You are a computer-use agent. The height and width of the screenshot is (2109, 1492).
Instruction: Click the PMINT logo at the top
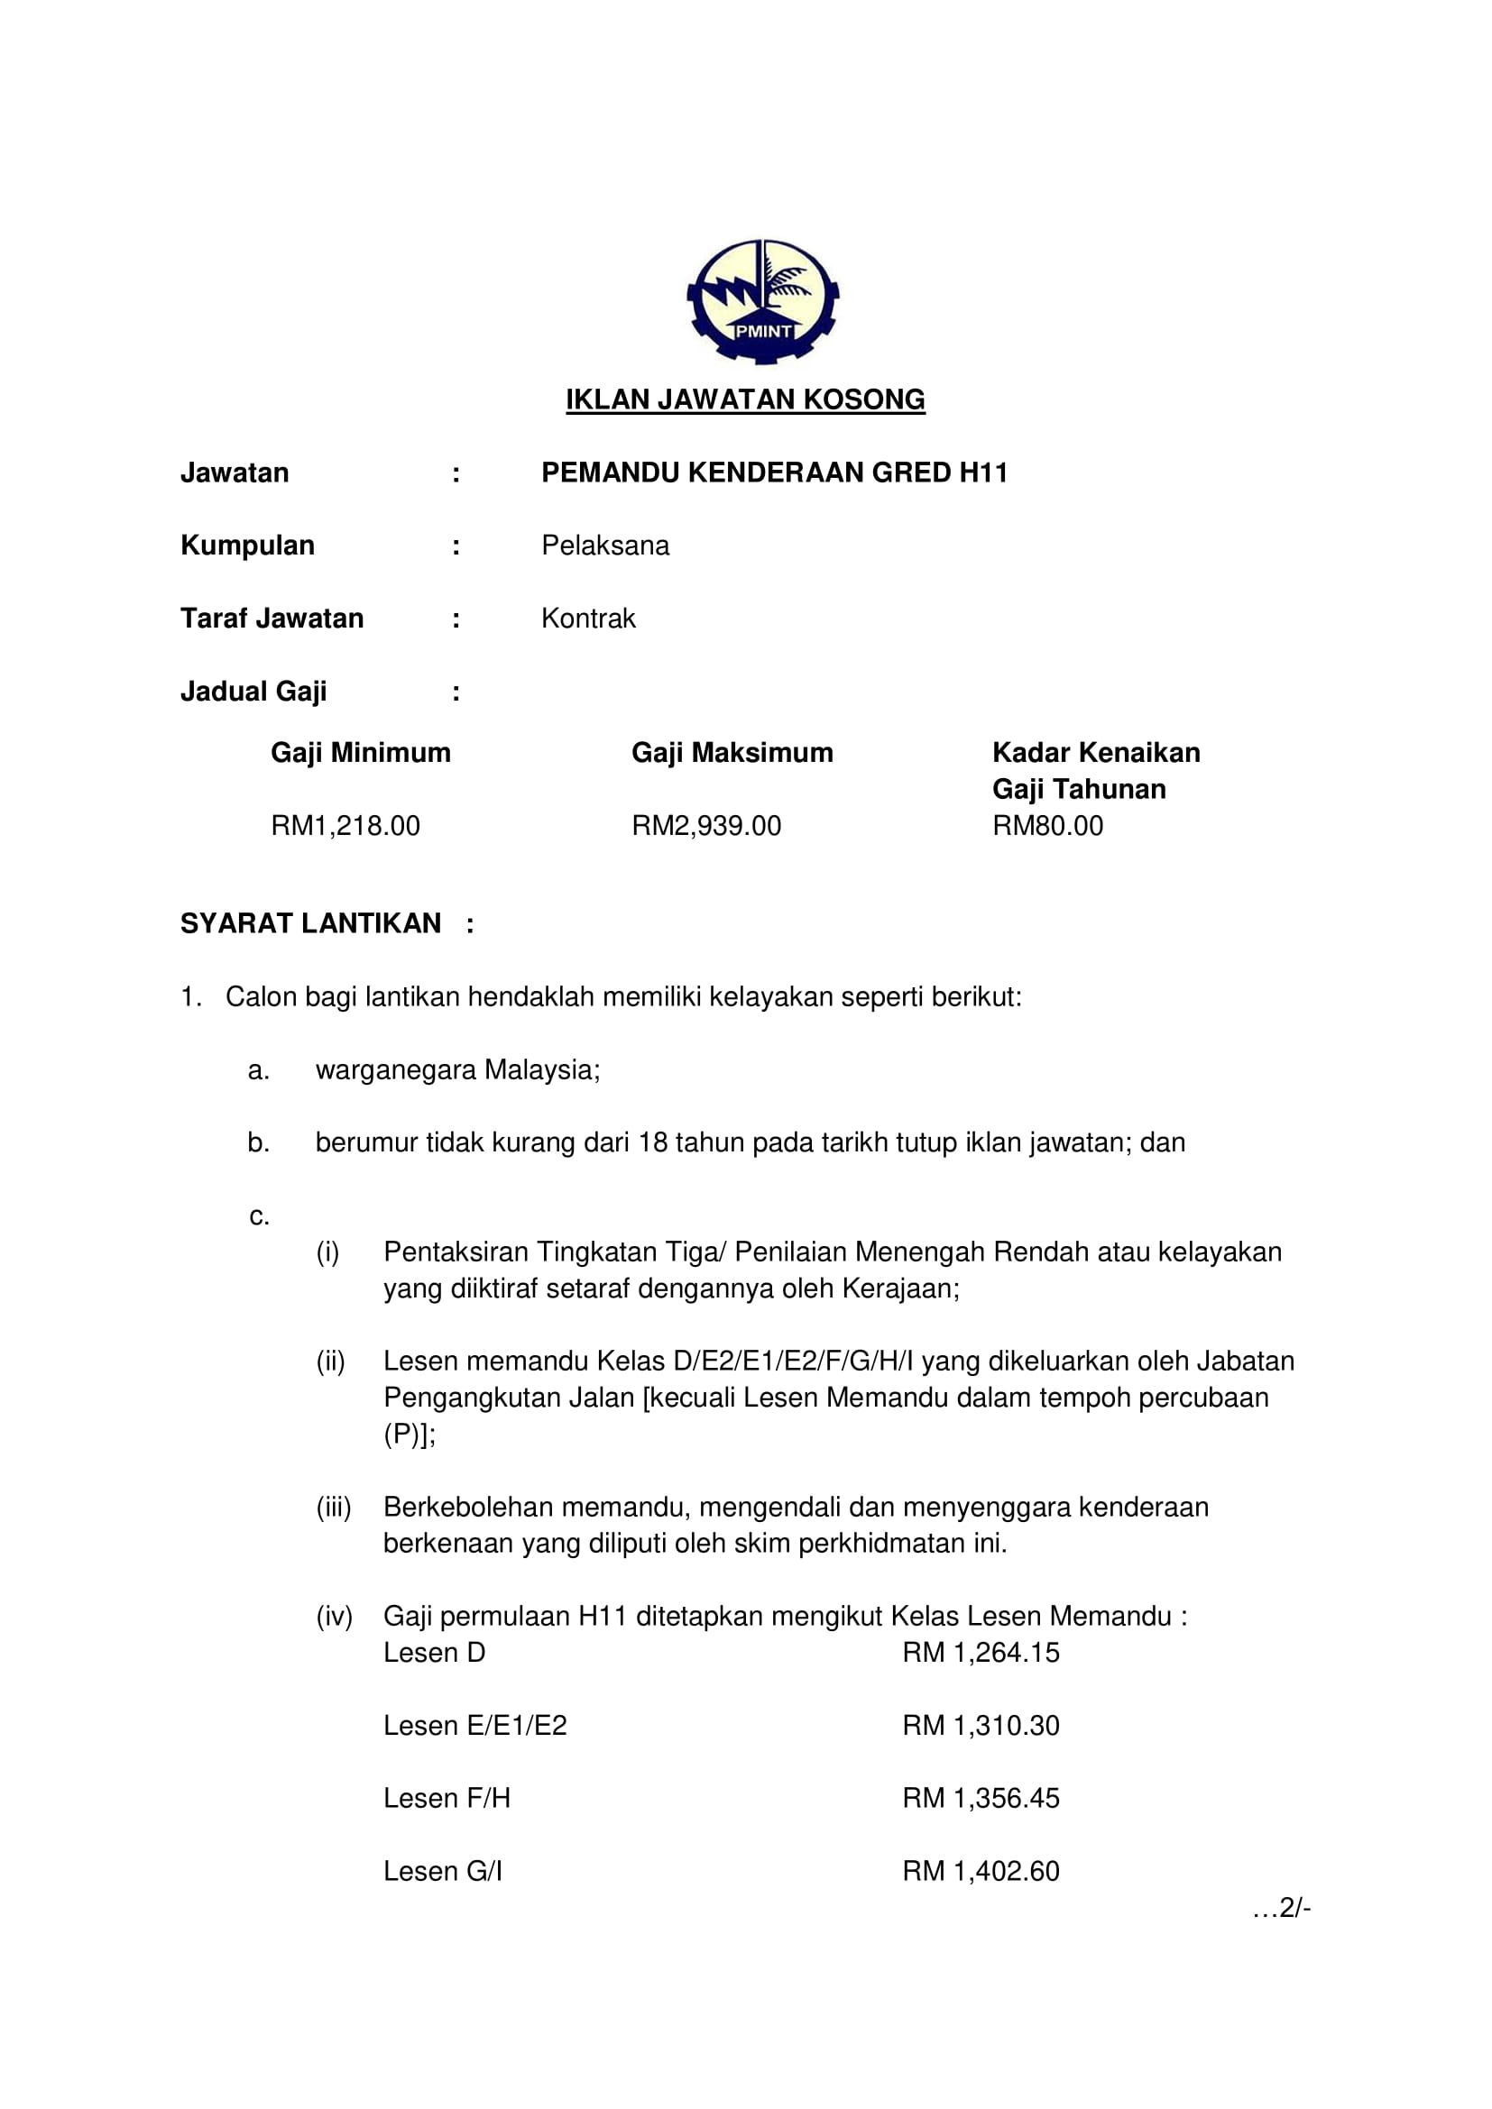tap(761, 302)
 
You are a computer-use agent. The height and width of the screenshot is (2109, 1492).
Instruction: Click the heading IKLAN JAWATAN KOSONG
tap(745, 399)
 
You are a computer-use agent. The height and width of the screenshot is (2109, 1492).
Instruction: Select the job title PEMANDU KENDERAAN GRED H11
tap(775, 473)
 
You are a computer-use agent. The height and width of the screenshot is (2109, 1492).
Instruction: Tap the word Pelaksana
tap(604, 546)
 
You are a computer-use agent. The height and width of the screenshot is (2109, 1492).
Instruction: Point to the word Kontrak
tap(588, 619)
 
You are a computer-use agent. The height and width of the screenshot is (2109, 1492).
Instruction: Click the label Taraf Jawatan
tap(272, 619)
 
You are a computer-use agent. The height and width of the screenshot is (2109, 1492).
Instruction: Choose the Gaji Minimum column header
tap(360, 753)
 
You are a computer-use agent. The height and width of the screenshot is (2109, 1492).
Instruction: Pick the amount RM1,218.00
tap(345, 826)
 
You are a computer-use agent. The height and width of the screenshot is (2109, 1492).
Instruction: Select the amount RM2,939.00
tap(706, 826)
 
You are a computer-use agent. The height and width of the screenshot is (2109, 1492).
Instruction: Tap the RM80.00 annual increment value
tap(1047, 826)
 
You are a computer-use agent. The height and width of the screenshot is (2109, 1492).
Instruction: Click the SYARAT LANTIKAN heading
tap(310, 924)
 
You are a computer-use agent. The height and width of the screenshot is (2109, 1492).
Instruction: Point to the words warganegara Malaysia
tap(457, 1070)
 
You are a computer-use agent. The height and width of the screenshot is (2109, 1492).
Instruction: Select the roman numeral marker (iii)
tap(334, 1508)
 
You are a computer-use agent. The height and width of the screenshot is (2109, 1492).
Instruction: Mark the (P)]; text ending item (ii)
tap(410, 1434)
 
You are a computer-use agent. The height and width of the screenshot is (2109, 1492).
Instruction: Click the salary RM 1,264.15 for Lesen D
tap(981, 1653)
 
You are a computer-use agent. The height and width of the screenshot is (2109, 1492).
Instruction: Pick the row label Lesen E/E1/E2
tap(475, 1725)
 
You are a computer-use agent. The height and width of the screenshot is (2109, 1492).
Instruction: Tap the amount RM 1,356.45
tap(981, 1798)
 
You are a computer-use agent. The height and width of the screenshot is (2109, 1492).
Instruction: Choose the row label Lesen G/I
tap(443, 1871)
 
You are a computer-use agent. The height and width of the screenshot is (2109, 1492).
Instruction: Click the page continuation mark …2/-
tap(1282, 1908)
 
